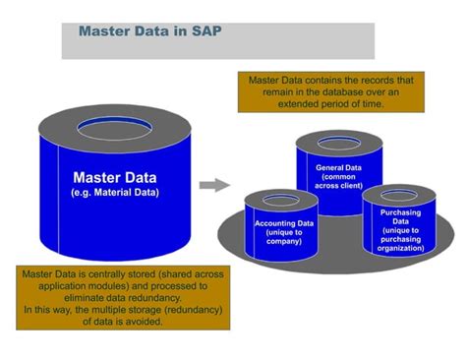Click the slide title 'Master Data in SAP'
(149, 30)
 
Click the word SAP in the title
(205, 30)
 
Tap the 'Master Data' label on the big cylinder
(114, 178)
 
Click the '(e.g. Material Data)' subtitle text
(114, 193)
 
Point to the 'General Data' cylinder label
(339, 167)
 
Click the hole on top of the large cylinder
(116, 127)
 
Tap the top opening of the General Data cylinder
(339, 143)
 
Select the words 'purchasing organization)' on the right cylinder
(399, 244)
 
